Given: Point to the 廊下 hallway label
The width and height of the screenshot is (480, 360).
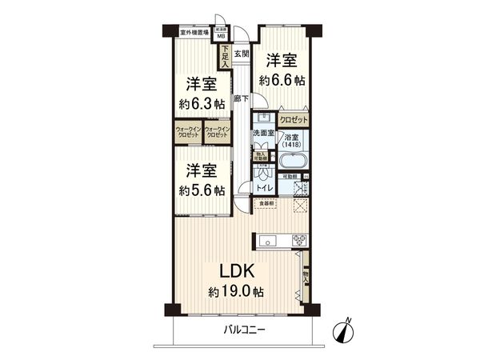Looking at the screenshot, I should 240,99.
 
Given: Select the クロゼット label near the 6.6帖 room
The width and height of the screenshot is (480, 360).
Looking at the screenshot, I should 293,119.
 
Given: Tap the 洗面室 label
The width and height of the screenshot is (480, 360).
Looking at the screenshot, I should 263,133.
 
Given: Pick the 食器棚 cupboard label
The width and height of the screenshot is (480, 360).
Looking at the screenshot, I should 266,203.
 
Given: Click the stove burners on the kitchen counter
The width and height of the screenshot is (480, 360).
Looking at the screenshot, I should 299,240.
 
